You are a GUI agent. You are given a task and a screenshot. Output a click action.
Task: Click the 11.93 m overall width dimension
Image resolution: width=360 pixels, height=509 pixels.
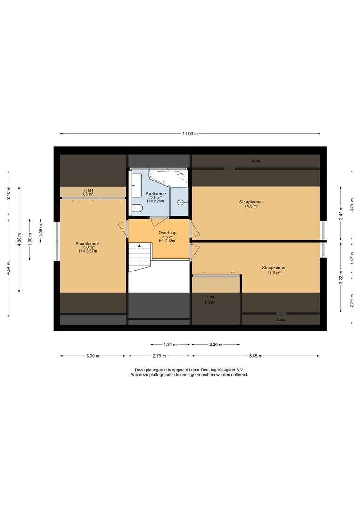[190, 134]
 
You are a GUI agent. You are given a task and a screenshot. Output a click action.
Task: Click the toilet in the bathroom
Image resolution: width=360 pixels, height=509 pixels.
[137, 208]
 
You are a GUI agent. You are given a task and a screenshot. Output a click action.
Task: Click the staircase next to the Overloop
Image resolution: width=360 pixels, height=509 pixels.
[139, 257]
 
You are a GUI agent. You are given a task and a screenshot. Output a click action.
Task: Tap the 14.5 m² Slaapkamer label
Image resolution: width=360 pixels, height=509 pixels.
[251, 204]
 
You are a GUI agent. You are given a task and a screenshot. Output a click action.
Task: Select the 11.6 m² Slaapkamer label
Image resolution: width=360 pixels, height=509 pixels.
[274, 270]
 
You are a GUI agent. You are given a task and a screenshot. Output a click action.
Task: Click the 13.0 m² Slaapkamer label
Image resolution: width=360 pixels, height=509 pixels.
[87, 247]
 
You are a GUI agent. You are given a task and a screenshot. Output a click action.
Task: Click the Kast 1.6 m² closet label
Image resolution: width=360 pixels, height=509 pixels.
[210, 299]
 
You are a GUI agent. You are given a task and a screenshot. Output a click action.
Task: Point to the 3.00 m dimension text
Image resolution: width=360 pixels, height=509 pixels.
[93, 356]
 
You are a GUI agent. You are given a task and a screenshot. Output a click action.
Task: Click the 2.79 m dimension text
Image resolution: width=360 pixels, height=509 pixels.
[159, 356]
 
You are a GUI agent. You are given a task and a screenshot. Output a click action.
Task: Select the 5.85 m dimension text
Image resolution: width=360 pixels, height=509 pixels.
[255, 356]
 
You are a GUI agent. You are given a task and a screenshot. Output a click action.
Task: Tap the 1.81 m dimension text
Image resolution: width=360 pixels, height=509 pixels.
[170, 345]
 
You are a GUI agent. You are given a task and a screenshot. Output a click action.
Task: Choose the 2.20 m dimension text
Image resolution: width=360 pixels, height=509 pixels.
[216, 345]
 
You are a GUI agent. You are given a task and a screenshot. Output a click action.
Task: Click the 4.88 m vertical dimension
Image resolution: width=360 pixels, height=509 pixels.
[19, 239]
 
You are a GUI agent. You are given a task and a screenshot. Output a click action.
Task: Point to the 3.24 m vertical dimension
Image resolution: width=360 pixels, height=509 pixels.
[352, 205]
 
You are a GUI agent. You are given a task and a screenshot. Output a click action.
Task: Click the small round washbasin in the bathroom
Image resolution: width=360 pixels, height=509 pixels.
[180, 203]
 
